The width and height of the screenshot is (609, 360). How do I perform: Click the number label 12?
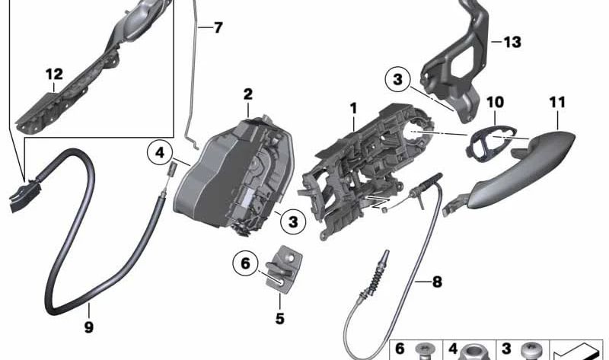click(x=53, y=75)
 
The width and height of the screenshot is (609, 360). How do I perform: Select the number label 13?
click(x=512, y=42)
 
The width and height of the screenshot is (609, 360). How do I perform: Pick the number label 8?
click(x=436, y=282)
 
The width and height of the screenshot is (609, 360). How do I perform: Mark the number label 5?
click(x=279, y=318)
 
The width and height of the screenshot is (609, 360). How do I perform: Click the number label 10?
click(x=495, y=101)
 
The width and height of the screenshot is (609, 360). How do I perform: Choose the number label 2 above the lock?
click(x=247, y=94)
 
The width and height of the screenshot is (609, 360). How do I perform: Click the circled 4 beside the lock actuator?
click(x=160, y=153)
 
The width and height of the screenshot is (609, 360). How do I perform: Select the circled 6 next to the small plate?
click(x=245, y=263)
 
